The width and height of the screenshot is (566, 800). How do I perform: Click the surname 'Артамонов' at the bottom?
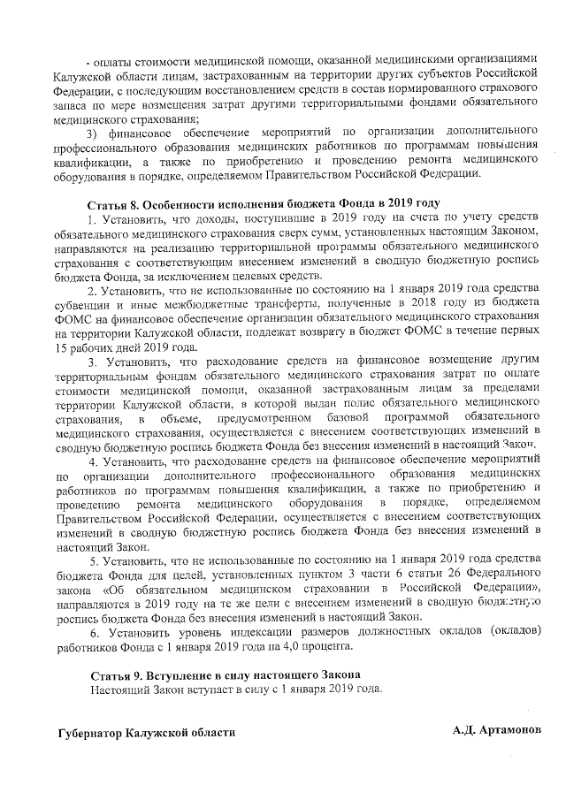point(508,732)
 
